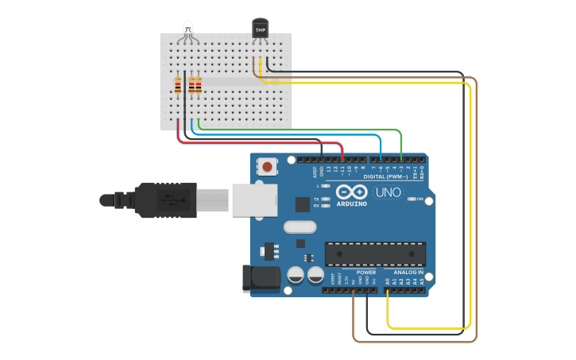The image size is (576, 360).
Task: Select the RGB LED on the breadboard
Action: click(x=187, y=30)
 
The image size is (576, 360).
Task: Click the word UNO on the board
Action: click(x=389, y=192)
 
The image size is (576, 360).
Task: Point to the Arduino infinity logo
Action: click(x=350, y=192)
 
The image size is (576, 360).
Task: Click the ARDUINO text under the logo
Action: click(x=351, y=204)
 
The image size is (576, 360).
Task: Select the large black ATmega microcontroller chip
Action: click(x=374, y=254)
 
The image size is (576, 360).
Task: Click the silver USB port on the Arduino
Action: click(x=253, y=200)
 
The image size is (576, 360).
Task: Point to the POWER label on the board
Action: click(x=365, y=272)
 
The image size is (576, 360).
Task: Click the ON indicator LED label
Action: click(x=419, y=199)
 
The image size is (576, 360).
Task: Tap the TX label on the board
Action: click(x=315, y=199)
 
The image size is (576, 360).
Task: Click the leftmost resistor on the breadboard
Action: click(x=178, y=84)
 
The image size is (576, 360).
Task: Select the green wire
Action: click(x=318, y=129)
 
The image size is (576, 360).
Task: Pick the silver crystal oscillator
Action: click(x=300, y=226)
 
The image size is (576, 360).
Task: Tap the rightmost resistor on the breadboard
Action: click(x=198, y=84)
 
